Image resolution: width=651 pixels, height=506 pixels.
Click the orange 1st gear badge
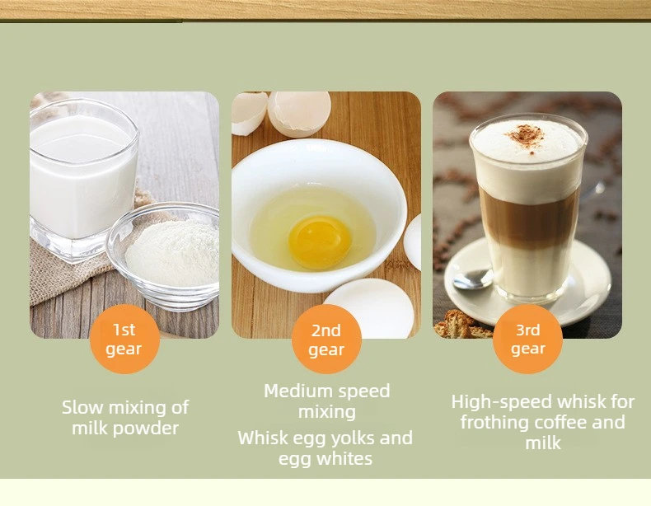pyautogui.click(x=124, y=340)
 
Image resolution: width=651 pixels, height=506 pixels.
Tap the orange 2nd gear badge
pyautogui.click(x=326, y=340)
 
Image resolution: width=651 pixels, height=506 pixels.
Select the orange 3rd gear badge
pyautogui.click(x=527, y=340)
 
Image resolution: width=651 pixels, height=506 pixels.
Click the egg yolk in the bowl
pyautogui.click(x=320, y=242)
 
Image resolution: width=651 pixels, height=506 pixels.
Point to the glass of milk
pyautogui.click(x=83, y=179)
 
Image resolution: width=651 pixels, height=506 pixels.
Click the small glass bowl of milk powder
pyautogui.click(x=163, y=256)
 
